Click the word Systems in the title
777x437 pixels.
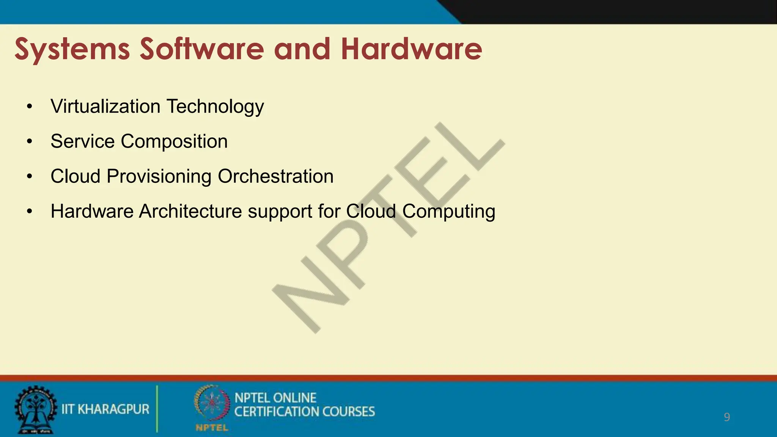point(72,49)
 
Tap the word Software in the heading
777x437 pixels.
point(201,49)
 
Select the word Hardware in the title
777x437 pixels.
point(411,49)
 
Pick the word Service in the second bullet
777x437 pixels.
point(82,141)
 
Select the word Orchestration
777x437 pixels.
point(275,176)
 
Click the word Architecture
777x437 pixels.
point(190,211)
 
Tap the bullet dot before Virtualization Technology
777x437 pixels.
point(30,107)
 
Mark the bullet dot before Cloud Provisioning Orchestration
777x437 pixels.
point(30,176)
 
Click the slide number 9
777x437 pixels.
point(727,417)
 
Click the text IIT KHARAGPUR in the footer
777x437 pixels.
point(105,409)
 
